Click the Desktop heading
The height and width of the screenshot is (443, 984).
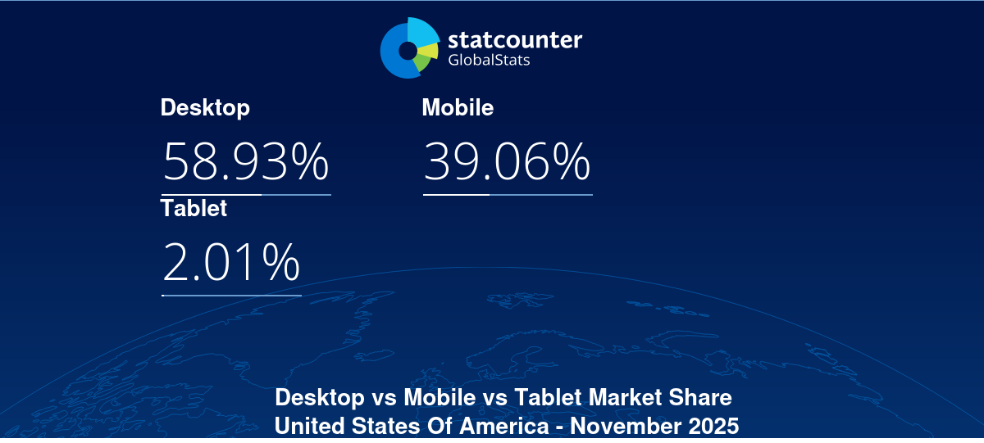tap(205, 108)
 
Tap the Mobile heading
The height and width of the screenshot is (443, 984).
tap(458, 108)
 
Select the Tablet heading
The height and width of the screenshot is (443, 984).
tap(194, 209)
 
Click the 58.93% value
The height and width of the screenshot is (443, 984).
tap(246, 162)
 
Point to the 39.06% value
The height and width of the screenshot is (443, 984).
tap(507, 162)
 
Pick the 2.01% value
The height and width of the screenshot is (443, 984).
tap(231, 263)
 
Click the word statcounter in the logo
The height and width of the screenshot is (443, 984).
tap(515, 39)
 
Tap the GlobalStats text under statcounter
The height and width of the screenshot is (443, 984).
tap(489, 60)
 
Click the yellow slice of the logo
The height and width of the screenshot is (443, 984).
tap(429, 50)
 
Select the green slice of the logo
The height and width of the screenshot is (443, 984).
tap(421, 63)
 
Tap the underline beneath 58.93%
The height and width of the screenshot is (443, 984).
tap(246, 195)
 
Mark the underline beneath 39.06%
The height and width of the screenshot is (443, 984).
tap(508, 195)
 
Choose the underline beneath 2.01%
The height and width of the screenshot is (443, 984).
tap(231, 295)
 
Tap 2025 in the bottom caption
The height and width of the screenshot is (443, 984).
tap(713, 427)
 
